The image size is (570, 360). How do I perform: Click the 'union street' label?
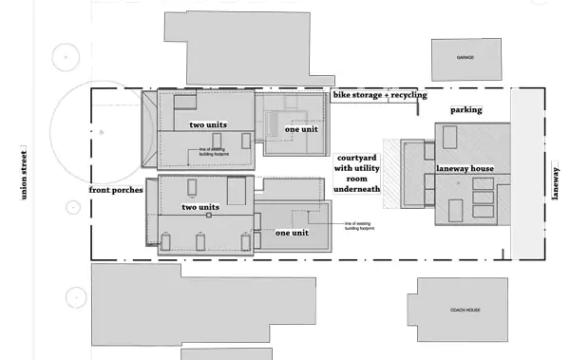[x=24, y=174]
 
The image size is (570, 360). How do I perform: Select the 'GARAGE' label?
[x=465, y=57]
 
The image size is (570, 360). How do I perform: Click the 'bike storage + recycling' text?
[x=379, y=95]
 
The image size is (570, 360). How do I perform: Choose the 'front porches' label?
[x=117, y=190]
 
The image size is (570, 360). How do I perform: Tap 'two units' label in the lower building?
[x=201, y=206]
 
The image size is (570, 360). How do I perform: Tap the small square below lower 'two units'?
[x=208, y=216]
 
